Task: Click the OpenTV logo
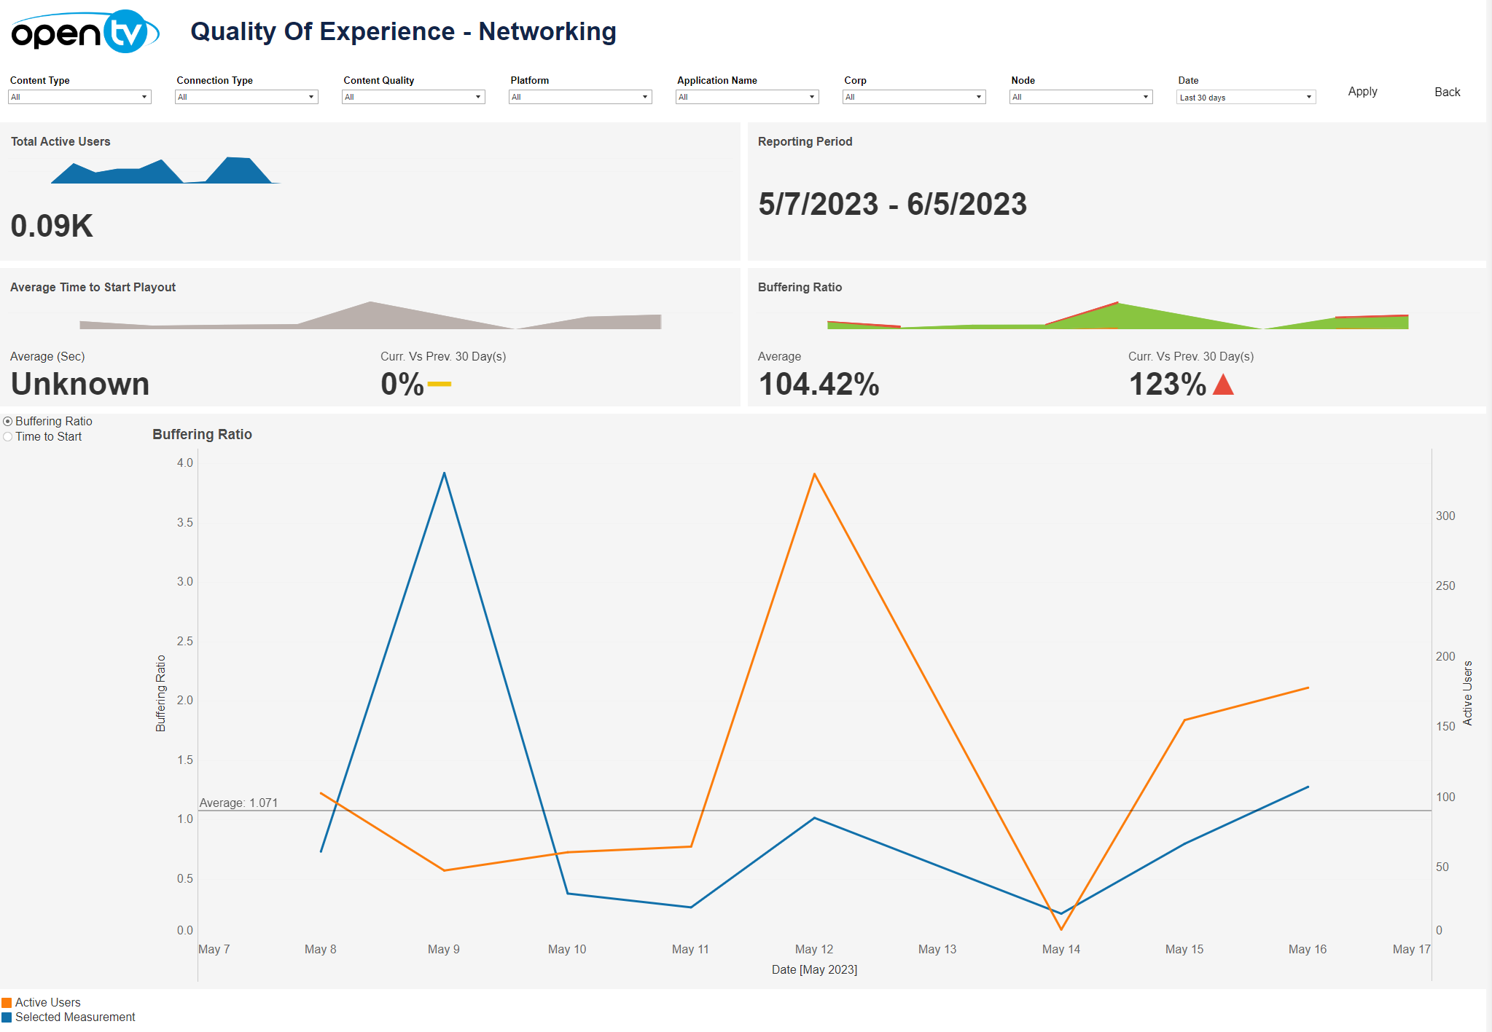tap(85, 32)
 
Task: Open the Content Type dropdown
tap(79, 97)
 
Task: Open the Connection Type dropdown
tap(246, 97)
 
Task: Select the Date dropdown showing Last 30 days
tap(1246, 97)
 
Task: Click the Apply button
tap(1362, 92)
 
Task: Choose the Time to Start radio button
tap(8, 437)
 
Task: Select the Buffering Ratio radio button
tap(8, 422)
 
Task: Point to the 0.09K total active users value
tap(52, 226)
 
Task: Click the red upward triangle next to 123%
tap(1223, 385)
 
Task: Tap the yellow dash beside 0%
tap(439, 384)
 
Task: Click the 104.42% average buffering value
tap(819, 385)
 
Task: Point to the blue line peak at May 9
tap(444, 473)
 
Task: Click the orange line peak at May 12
tap(814, 474)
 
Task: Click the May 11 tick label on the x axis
tap(690, 949)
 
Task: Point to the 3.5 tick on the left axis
tap(185, 522)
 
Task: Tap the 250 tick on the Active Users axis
tap(1445, 586)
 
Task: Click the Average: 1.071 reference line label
tap(238, 803)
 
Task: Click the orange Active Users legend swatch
tap(7, 1003)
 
